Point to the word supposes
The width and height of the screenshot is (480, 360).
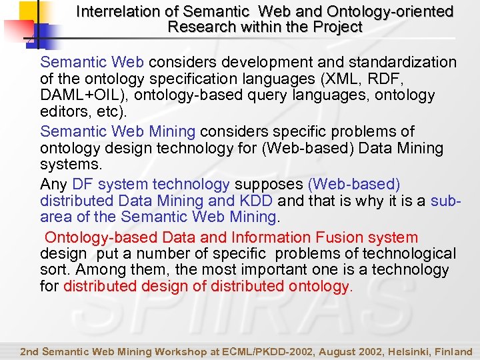(x=267, y=184)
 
